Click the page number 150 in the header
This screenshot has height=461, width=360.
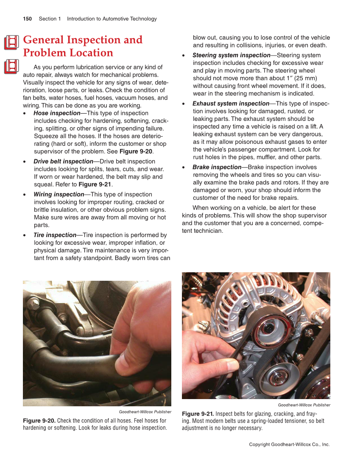coord(27,19)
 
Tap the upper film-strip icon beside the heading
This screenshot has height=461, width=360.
coord(12,42)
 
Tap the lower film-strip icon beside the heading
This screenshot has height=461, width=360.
coord(12,67)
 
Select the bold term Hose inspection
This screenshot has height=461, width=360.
coord(57,113)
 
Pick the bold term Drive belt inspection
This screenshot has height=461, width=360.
coord(63,162)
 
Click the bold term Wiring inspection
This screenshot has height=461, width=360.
coord(59,195)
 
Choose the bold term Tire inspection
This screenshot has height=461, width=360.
coord(55,235)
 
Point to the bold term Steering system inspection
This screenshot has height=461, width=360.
coord(231,55)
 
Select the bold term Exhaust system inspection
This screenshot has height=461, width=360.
coord(231,103)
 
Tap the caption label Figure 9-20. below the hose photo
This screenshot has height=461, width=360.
coord(39,421)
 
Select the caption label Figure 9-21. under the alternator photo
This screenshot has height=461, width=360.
coord(198,414)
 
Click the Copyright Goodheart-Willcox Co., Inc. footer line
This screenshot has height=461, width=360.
coord(289,444)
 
